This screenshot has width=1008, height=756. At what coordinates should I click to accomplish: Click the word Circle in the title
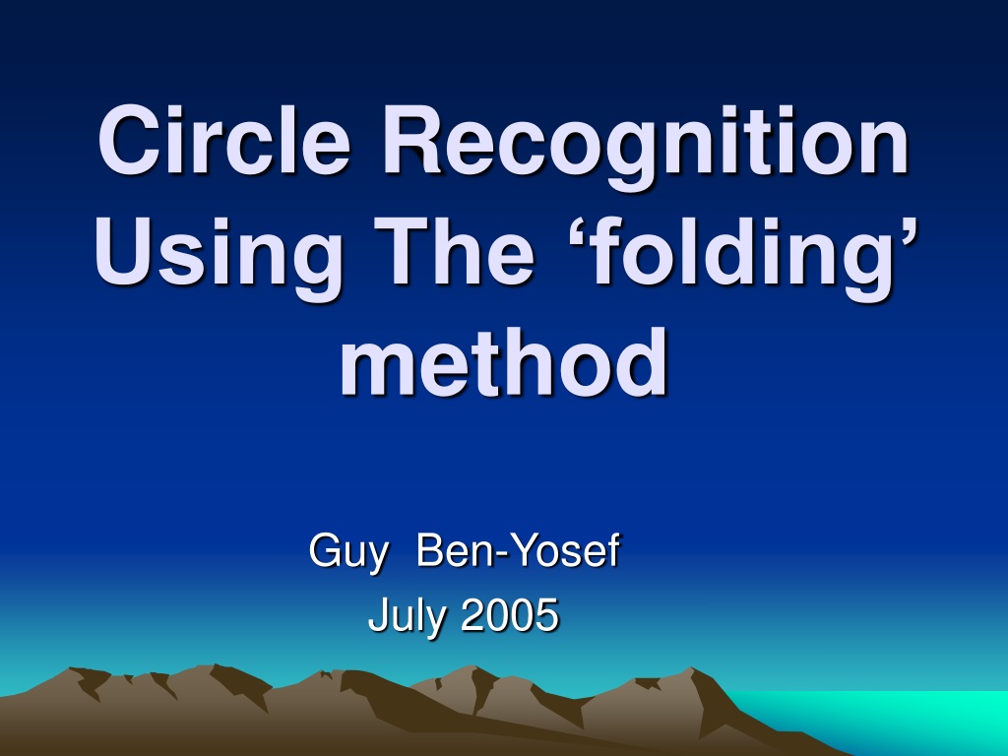point(223,140)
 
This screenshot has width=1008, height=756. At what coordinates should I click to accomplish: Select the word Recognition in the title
point(645,148)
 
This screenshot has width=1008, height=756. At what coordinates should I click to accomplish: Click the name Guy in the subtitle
point(348,551)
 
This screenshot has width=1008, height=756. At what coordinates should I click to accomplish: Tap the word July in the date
point(407,616)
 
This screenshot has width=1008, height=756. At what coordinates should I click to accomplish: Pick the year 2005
point(509,614)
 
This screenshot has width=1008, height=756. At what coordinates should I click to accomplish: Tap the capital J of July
point(377,614)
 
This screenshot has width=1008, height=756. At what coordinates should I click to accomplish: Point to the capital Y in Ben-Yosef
point(528,549)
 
